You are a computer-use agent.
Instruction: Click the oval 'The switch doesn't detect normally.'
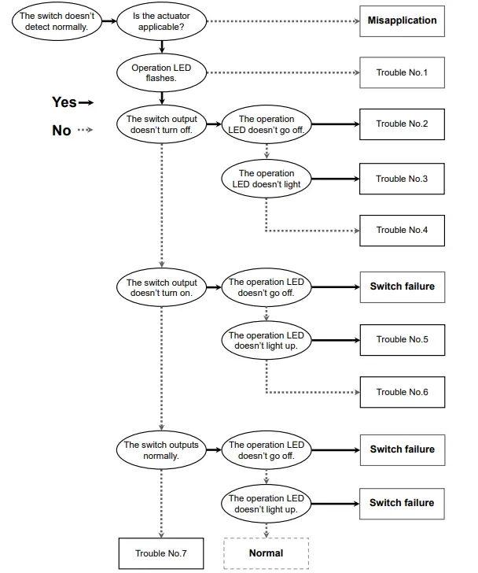[53, 21]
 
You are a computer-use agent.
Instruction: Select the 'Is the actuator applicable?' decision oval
[160, 21]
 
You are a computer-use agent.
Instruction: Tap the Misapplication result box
[402, 20]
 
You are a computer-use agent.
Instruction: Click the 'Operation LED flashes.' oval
[160, 73]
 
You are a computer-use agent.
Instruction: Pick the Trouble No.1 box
[402, 73]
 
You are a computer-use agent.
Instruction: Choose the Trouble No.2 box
[402, 124]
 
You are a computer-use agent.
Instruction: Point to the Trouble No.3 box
[402, 179]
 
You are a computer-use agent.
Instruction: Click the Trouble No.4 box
[402, 230]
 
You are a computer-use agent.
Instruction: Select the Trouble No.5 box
[402, 339]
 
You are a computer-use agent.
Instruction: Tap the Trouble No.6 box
[402, 392]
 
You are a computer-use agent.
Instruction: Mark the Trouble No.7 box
[160, 553]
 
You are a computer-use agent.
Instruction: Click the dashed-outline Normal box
[266, 553]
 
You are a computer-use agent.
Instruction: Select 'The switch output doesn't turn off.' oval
[162, 124]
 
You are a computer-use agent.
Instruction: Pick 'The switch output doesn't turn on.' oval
[162, 287]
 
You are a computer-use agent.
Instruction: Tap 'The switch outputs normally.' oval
[162, 450]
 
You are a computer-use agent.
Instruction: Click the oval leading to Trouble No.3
[266, 179]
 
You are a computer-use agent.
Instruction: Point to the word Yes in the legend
[64, 102]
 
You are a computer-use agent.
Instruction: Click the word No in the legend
[61, 131]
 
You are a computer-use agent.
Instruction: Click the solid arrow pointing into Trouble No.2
[333, 124]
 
